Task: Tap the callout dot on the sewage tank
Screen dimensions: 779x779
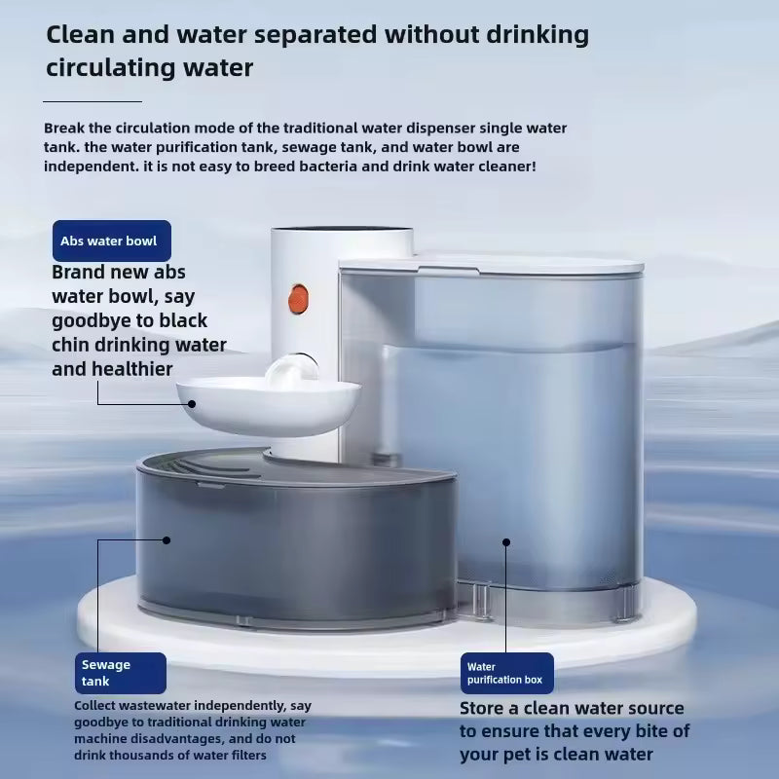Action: [x=167, y=539]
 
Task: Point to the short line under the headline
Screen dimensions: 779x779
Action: [x=93, y=100]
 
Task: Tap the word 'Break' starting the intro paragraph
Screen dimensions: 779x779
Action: [x=63, y=129]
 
